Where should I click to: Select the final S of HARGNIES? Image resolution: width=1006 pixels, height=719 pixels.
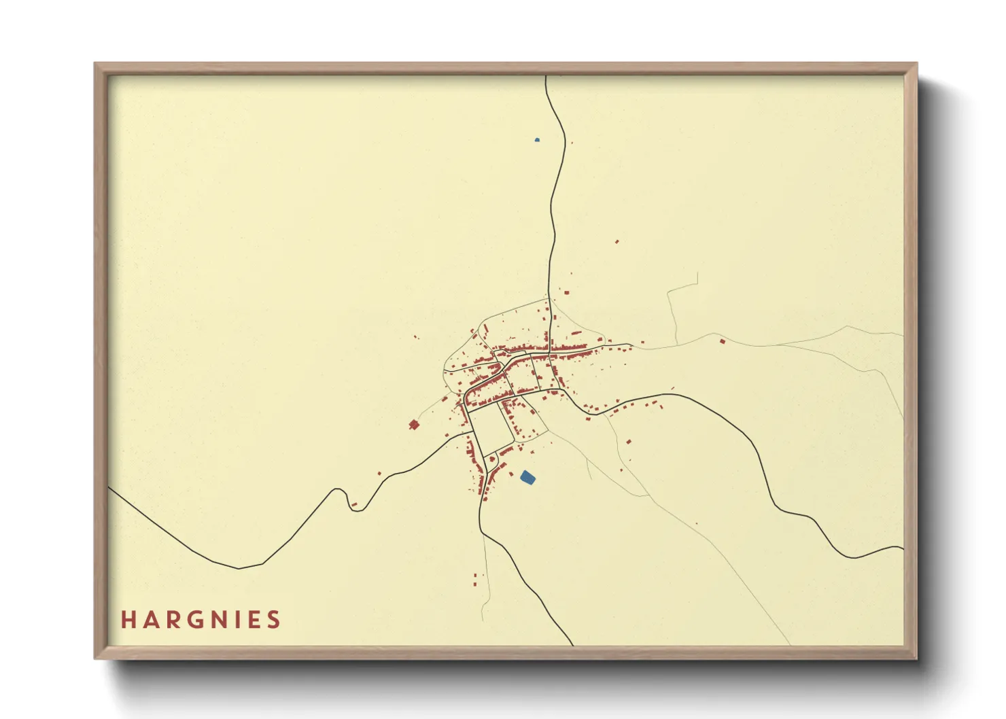[x=273, y=620]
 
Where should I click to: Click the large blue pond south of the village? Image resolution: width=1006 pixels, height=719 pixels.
[x=527, y=478]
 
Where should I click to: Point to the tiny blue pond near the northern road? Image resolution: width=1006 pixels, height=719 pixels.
[x=537, y=140]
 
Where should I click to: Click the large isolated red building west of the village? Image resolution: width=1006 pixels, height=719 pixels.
[x=414, y=425]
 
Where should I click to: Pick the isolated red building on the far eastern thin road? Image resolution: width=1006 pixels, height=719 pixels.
[x=722, y=341]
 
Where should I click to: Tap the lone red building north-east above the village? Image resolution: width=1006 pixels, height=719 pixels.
[x=617, y=241]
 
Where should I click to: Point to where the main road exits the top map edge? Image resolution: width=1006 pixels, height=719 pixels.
[x=546, y=77]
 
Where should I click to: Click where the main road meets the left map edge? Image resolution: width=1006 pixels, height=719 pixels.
[x=110, y=488]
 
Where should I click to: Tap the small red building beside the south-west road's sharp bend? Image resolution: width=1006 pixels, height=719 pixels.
[x=354, y=504]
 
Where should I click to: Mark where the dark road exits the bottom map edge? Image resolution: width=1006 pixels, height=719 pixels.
[x=573, y=644]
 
